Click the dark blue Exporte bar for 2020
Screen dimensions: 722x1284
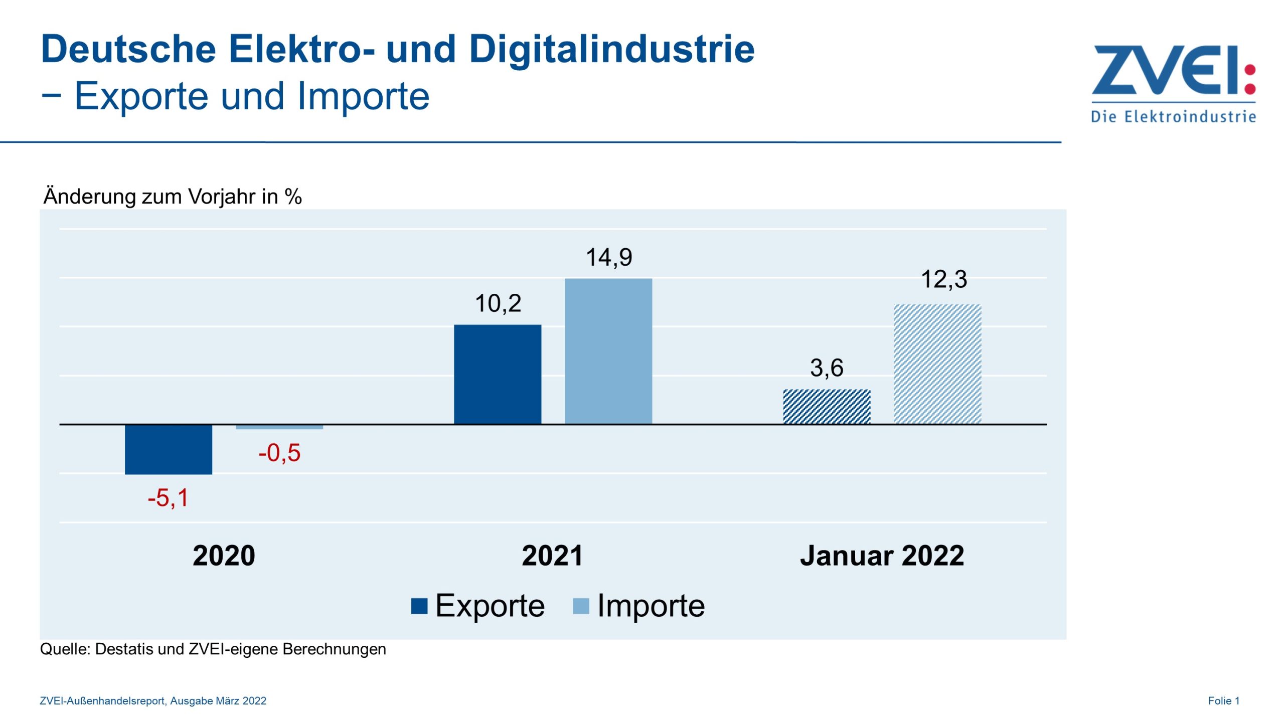coord(169,449)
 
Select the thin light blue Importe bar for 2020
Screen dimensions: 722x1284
coord(279,427)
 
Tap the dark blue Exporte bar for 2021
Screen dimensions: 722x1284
coord(498,374)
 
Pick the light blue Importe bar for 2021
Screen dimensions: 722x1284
coord(608,351)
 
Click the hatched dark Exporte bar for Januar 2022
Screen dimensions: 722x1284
coord(827,407)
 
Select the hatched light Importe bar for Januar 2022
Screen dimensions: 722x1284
coord(937,364)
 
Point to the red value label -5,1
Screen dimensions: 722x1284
coord(168,498)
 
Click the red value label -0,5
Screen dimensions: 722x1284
coord(279,453)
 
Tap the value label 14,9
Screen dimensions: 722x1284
coord(609,257)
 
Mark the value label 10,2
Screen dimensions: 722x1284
coord(498,303)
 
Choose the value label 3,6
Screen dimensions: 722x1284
coord(827,368)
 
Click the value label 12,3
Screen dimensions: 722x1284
coord(944,279)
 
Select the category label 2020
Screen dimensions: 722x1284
coord(224,556)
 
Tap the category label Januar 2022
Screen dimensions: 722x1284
coord(882,556)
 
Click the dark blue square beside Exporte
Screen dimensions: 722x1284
coord(419,606)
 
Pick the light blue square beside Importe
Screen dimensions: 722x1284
coord(581,606)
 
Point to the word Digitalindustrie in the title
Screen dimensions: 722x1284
coord(611,50)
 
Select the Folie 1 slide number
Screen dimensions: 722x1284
coord(1223,700)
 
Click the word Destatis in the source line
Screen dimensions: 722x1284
coord(124,649)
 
